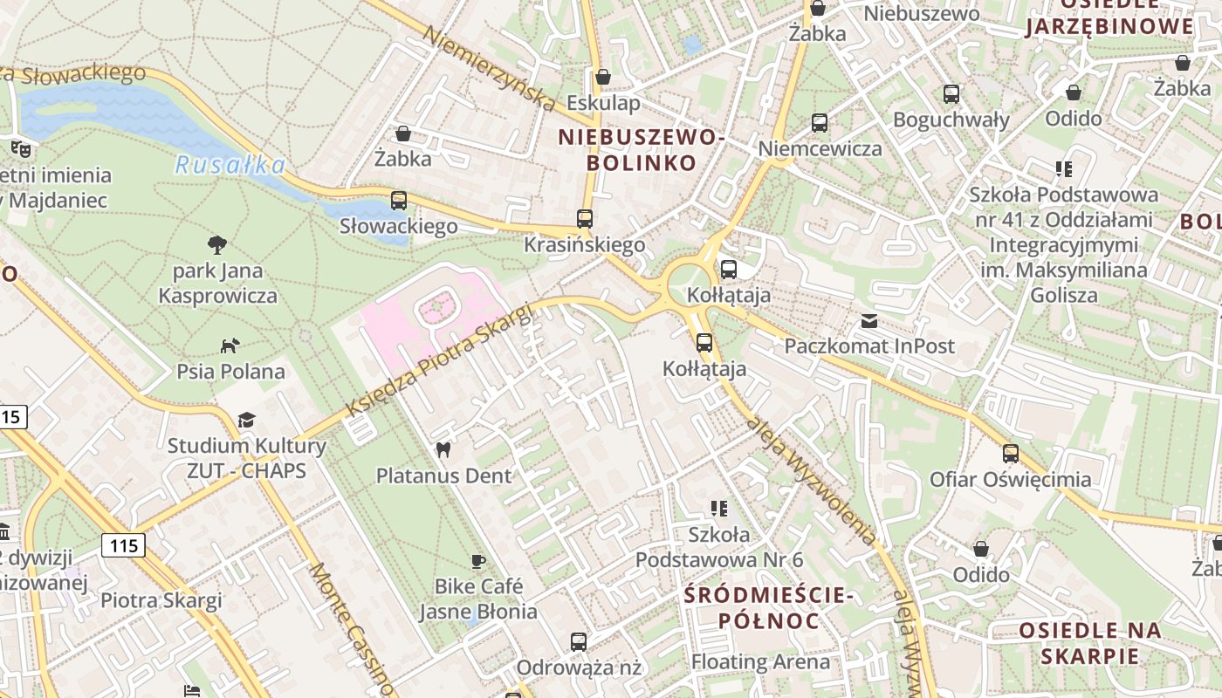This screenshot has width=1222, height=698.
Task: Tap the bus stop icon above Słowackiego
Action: coord(399,201)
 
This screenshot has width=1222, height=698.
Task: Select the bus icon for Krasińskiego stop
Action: coord(585,219)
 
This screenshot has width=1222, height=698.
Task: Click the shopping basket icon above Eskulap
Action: coord(602,78)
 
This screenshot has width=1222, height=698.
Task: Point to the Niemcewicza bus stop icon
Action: coord(820,123)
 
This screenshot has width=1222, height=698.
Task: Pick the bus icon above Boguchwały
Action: coord(951,94)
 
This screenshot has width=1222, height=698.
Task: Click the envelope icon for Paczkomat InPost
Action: coord(869,321)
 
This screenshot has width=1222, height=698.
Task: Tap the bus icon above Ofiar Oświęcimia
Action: coord(1011,454)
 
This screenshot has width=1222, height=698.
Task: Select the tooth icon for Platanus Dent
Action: coord(443,450)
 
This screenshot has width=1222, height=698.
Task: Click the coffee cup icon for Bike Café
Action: coord(477,561)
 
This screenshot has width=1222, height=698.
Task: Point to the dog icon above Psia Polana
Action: coord(230,346)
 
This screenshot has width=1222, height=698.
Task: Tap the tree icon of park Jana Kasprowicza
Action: coord(217,245)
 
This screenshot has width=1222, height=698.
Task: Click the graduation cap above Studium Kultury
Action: coord(247,421)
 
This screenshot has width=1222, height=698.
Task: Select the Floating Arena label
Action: coord(760,661)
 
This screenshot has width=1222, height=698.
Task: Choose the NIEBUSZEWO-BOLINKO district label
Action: coord(642,150)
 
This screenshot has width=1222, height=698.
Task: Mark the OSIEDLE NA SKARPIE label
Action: coord(1090,643)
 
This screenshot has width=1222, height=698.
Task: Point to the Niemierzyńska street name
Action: coord(490,68)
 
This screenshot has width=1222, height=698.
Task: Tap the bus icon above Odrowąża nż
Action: coord(579,642)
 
